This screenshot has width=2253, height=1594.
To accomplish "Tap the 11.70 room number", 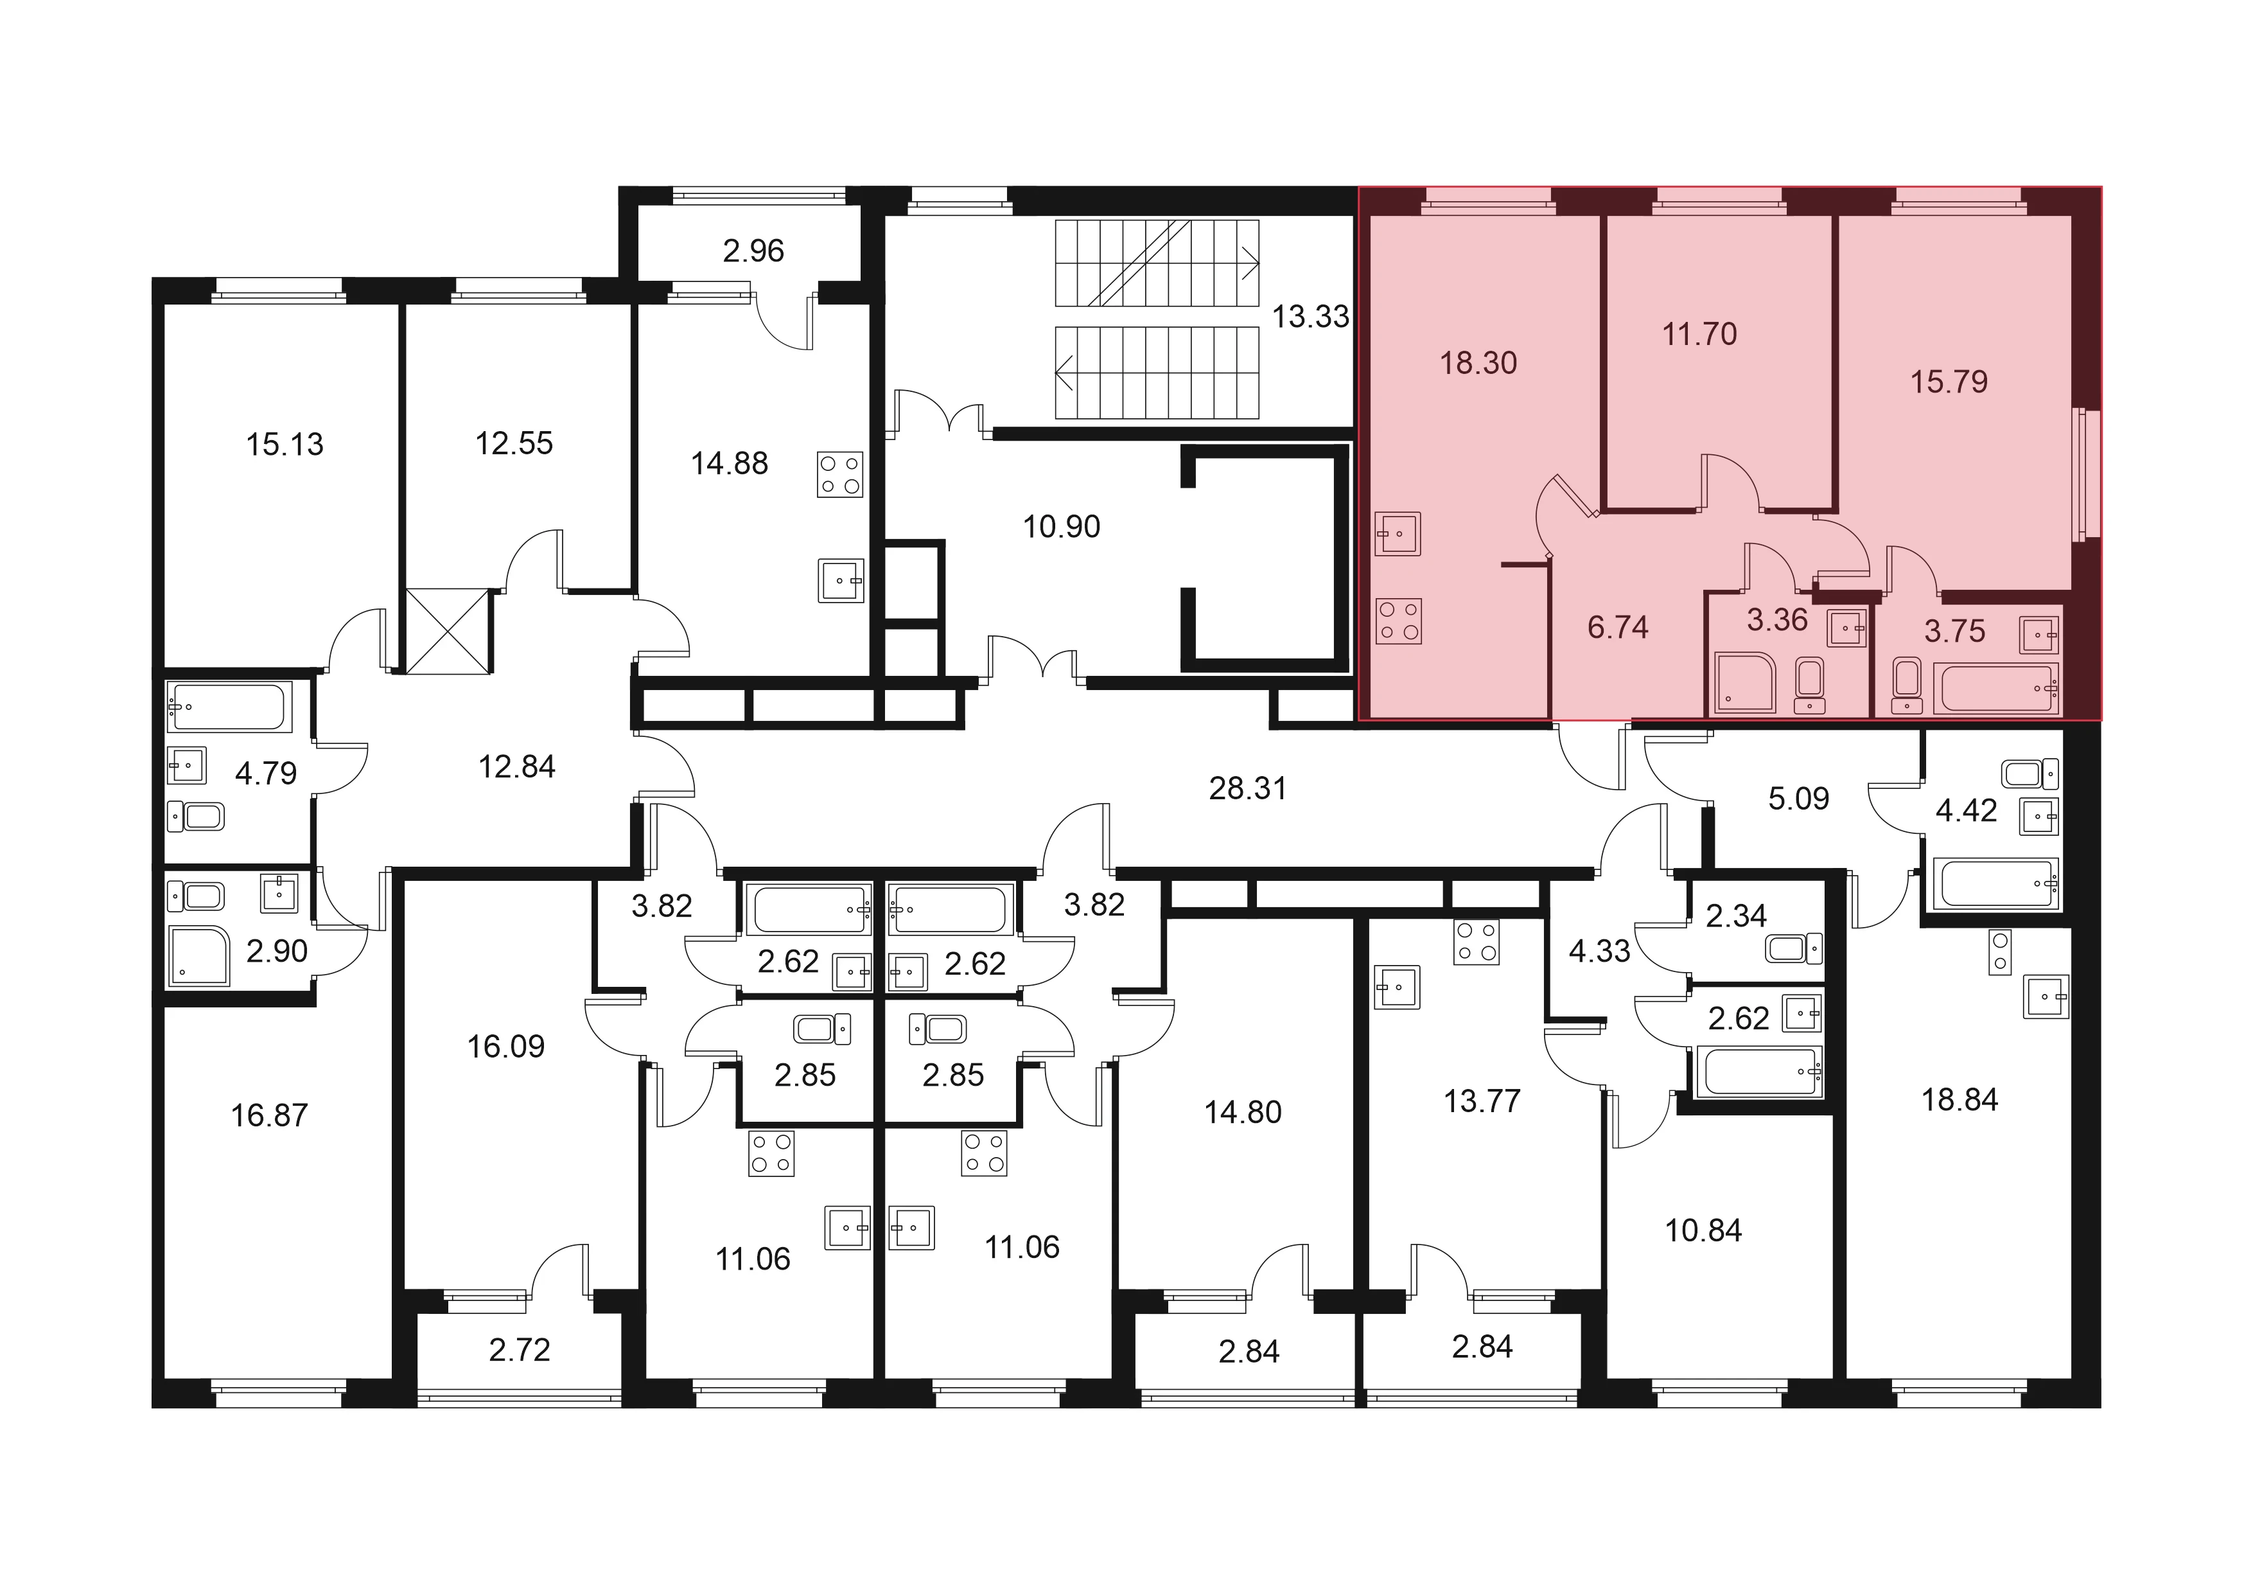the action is (1699, 335).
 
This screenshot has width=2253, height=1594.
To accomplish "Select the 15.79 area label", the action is (1949, 382).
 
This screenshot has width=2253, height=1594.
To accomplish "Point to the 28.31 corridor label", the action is (1247, 788).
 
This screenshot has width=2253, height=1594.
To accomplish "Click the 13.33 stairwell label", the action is (1311, 317).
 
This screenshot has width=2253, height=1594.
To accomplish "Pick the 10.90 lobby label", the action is (1062, 527).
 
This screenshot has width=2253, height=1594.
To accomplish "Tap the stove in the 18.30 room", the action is (1398, 621).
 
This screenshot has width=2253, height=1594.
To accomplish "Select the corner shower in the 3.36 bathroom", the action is (1745, 683).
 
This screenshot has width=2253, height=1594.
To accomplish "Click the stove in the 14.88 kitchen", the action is (840, 474).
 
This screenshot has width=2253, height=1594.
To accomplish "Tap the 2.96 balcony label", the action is (753, 251).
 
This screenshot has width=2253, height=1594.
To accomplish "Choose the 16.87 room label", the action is (269, 1116).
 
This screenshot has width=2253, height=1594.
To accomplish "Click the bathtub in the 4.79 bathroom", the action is (229, 707).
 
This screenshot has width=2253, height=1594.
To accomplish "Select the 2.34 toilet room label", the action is (1736, 917).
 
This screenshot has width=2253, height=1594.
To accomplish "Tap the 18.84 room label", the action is (1959, 1101).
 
